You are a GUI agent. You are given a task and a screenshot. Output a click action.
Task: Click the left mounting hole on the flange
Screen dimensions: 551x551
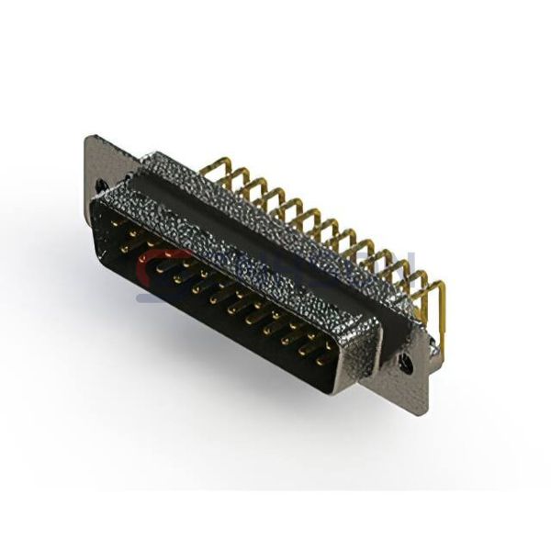click(x=99, y=186)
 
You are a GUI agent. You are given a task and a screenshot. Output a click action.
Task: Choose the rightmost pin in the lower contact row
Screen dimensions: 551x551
click(x=320, y=362)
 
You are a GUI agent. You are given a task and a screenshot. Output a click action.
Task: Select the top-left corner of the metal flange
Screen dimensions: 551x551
click(x=88, y=138)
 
